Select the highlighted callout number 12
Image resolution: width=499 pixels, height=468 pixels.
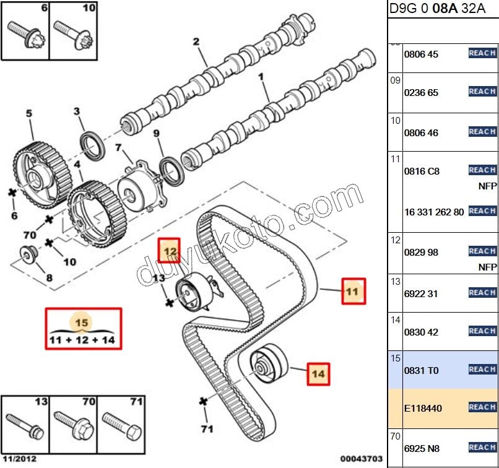click(170, 251)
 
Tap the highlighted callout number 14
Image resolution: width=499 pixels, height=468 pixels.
click(318, 374)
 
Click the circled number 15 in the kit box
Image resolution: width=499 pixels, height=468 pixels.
click(82, 323)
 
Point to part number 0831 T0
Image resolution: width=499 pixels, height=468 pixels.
click(421, 370)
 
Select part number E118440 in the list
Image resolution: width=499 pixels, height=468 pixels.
click(423, 409)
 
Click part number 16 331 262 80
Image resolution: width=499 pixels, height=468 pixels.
click(433, 212)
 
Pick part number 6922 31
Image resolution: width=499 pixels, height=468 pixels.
click(421, 293)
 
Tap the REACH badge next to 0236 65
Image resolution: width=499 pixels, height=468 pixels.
click(482, 92)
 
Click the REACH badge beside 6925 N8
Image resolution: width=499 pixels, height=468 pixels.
click(482, 447)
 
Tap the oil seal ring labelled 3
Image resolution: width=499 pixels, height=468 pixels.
click(94, 145)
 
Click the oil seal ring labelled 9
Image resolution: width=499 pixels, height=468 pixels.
click(171, 171)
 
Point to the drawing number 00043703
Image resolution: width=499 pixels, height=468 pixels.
click(362, 460)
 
